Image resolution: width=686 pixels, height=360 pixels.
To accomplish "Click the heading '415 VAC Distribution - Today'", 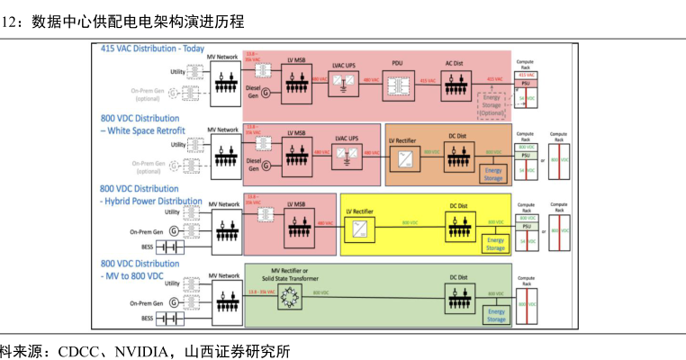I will pyautogui.click(x=152, y=48).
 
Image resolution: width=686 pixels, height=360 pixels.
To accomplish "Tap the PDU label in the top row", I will pyautogui.click(x=396, y=63).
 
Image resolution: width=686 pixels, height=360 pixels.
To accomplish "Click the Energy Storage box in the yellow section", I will pyautogui.click(x=495, y=244).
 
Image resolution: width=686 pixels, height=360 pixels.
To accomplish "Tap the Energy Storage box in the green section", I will pyautogui.click(x=496, y=315).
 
